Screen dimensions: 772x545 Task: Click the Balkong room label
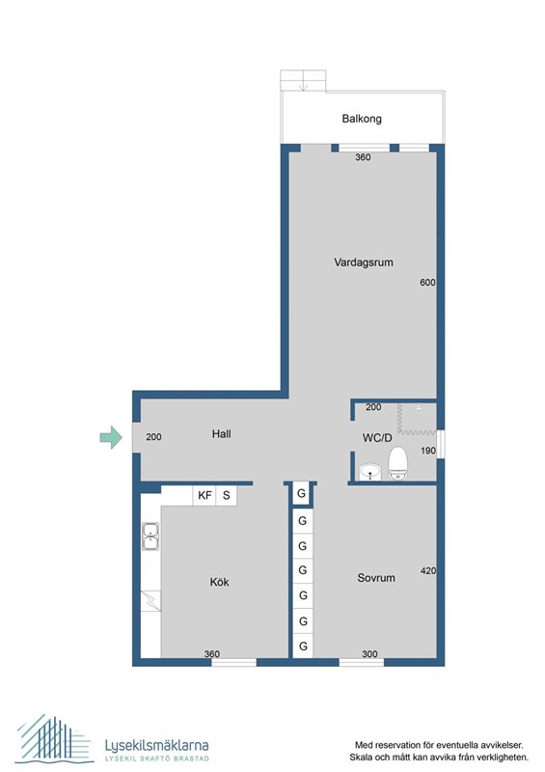tap(362, 120)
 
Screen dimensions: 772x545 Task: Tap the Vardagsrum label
tap(364, 262)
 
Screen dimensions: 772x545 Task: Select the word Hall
tap(222, 434)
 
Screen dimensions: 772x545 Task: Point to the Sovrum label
tap(376, 579)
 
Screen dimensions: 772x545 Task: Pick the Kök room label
tap(220, 582)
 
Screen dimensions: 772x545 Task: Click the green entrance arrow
tap(112, 438)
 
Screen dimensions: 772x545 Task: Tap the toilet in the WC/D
tap(397, 463)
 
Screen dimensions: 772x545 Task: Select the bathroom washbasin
tap(368, 472)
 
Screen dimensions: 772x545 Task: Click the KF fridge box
tap(204, 495)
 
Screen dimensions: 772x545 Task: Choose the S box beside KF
tap(227, 495)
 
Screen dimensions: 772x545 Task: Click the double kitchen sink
tap(150, 536)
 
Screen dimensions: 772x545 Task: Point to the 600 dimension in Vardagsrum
tap(428, 283)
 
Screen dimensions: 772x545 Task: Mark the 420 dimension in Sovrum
tap(428, 571)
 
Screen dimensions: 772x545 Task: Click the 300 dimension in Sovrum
tap(370, 654)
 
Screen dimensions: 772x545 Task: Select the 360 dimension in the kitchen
tap(212, 654)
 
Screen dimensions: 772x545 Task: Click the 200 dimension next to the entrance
tap(154, 437)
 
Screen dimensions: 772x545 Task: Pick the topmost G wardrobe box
tap(302, 494)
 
